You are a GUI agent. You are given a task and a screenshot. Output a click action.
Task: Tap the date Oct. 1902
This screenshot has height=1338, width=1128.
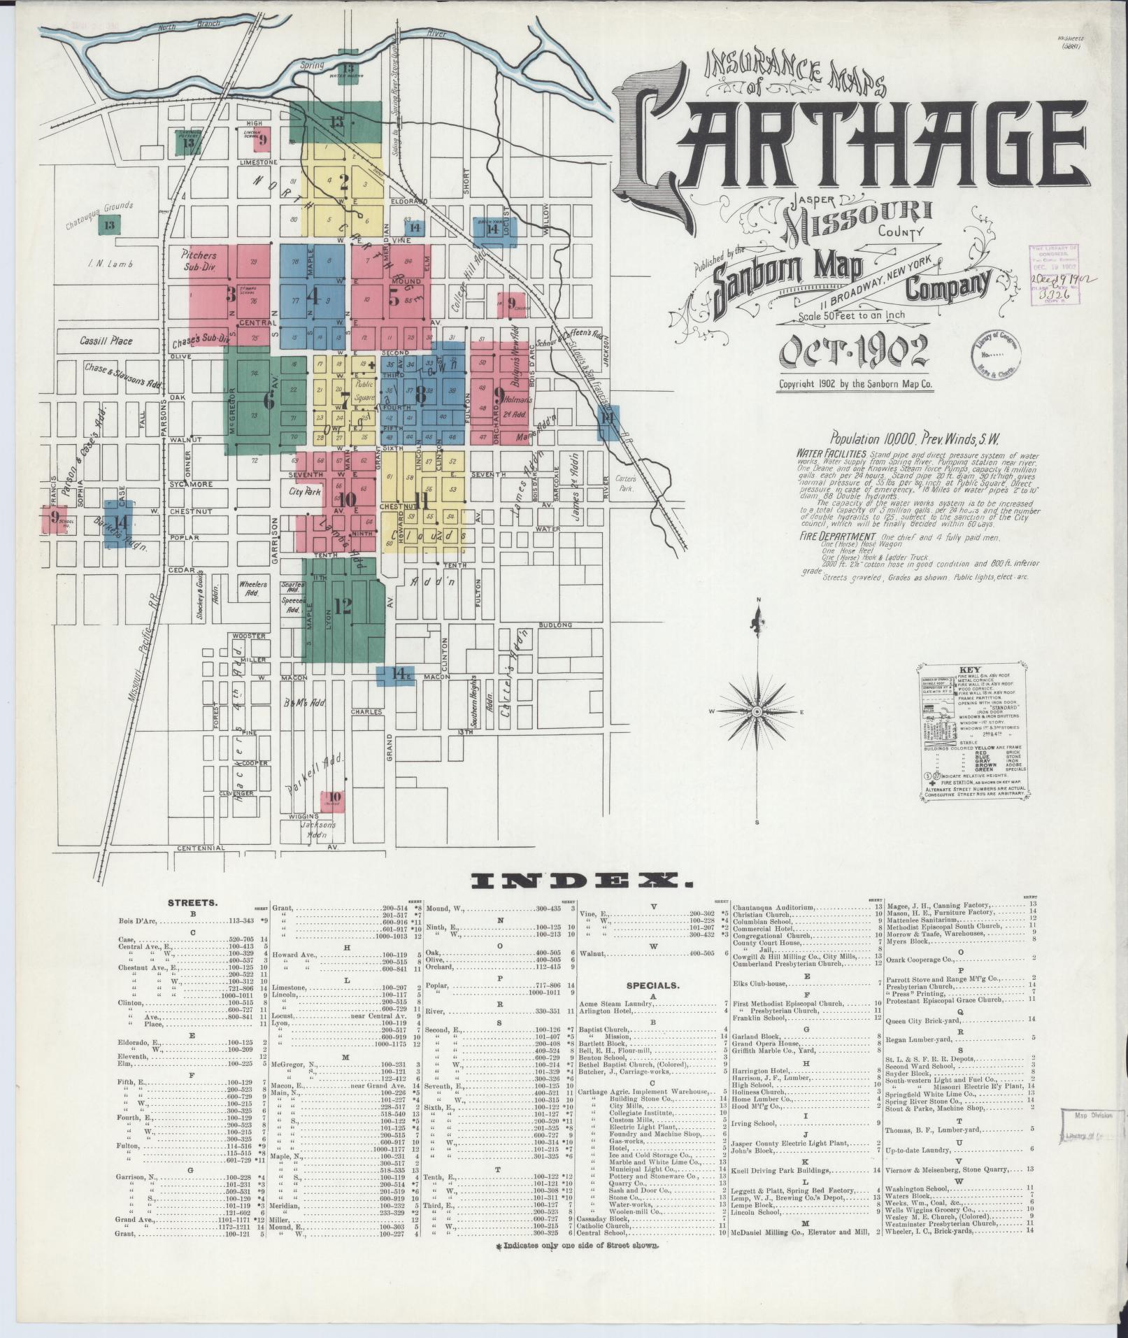click(854, 351)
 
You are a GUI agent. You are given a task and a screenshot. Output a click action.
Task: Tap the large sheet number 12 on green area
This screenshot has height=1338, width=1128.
click(343, 606)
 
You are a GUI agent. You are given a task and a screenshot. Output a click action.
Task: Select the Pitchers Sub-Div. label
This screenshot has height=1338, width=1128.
click(199, 261)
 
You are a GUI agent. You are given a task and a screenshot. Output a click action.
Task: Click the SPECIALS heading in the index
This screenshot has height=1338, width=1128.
click(653, 985)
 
